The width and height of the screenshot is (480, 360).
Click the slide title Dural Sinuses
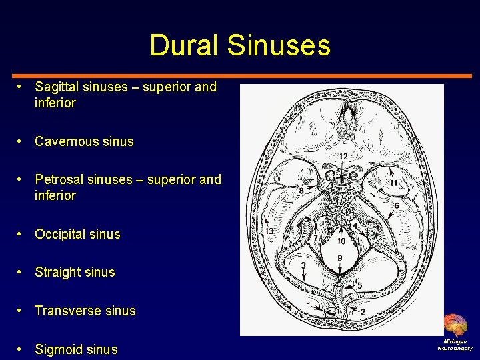(x=240, y=45)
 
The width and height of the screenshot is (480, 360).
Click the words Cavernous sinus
(x=84, y=141)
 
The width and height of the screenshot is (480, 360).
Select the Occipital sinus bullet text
(x=77, y=234)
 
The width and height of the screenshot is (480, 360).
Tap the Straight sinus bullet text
(x=75, y=272)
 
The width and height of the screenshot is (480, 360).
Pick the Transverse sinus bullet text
(x=85, y=311)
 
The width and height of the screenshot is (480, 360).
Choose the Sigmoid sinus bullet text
(x=76, y=349)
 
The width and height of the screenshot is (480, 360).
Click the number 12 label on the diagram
(x=343, y=156)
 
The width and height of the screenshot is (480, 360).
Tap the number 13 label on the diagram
(x=269, y=231)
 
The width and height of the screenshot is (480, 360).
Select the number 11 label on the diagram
(x=393, y=183)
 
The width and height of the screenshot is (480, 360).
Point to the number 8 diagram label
(x=301, y=191)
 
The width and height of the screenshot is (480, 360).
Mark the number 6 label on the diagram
(x=397, y=206)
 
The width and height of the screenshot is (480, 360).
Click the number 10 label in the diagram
(x=341, y=241)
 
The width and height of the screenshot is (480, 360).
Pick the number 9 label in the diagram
(x=340, y=257)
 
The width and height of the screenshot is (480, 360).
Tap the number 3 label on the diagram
(x=303, y=265)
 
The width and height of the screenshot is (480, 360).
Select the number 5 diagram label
(x=360, y=285)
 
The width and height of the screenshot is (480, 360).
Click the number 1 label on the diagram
(x=309, y=305)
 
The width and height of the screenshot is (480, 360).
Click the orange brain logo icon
(x=456, y=325)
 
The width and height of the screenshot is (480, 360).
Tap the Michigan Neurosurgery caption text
(x=455, y=345)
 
